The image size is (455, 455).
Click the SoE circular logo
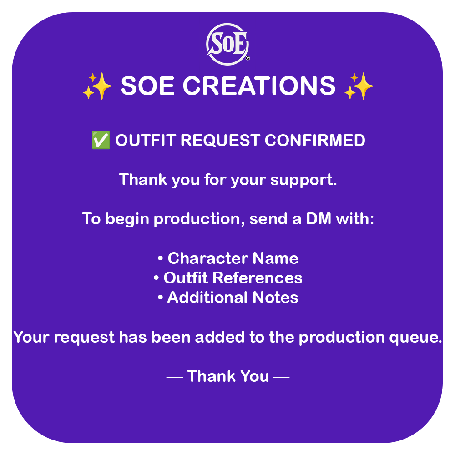pyautogui.click(x=227, y=44)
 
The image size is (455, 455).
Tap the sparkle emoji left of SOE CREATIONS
pyautogui.click(x=97, y=86)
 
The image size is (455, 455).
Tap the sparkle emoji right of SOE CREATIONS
pyautogui.click(x=359, y=86)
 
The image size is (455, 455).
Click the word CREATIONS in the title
pyautogui.click(x=259, y=86)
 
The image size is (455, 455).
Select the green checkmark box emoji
pyautogui.click(x=101, y=140)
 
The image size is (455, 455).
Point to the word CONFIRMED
pyautogui.click(x=315, y=141)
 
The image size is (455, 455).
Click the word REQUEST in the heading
pyautogui.click(x=220, y=141)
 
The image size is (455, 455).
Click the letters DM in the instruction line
pyautogui.click(x=318, y=219)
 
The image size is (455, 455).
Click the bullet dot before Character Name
pyautogui.click(x=160, y=258)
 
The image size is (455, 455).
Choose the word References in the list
pyautogui.click(x=258, y=278)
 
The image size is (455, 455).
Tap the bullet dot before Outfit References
pyautogui.click(x=156, y=278)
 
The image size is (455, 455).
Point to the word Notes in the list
pyautogui.click(x=275, y=298)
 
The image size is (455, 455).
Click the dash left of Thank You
pyautogui.click(x=175, y=377)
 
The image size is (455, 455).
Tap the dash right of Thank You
pyautogui.click(x=281, y=377)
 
